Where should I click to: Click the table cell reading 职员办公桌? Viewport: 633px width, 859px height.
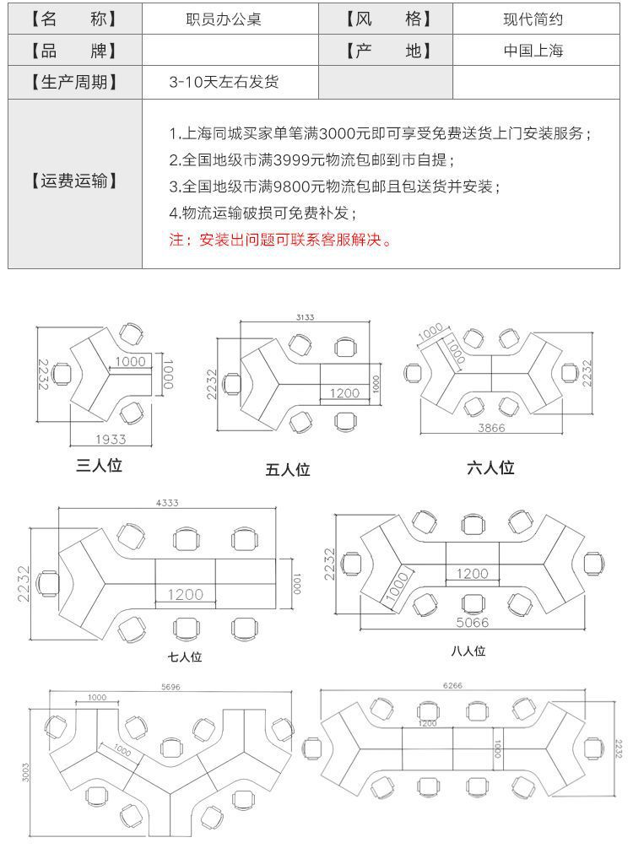[x=223, y=19]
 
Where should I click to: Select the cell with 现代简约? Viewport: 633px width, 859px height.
[x=533, y=19]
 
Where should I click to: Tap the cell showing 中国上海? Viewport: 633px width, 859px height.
[x=533, y=51]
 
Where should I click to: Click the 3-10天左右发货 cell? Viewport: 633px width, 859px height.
[x=223, y=83]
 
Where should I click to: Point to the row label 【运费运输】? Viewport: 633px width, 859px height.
[x=75, y=181]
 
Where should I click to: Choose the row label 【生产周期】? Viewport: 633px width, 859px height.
[x=75, y=83]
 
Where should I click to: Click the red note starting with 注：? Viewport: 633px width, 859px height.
[x=281, y=240]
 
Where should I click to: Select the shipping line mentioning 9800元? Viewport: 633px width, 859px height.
[x=334, y=186]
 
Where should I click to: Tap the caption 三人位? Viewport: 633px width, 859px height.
[x=100, y=465]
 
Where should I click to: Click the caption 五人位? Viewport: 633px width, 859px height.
[x=288, y=470]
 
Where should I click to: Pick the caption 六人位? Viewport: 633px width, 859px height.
[x=490, y=467]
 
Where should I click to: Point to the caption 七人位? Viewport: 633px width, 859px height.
[x=185, y=656]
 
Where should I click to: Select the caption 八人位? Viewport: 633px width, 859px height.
[x=468, y=651]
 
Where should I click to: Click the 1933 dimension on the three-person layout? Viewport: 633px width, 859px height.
[x=111, y=440]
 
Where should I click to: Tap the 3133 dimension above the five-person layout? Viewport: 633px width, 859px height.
[x=305, y=317]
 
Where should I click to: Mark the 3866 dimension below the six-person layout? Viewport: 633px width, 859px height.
[x=491, y=429]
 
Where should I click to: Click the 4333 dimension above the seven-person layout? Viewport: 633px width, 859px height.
[x=167, y=503]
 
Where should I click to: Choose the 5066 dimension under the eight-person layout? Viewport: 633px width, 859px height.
[x=472, y=623]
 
